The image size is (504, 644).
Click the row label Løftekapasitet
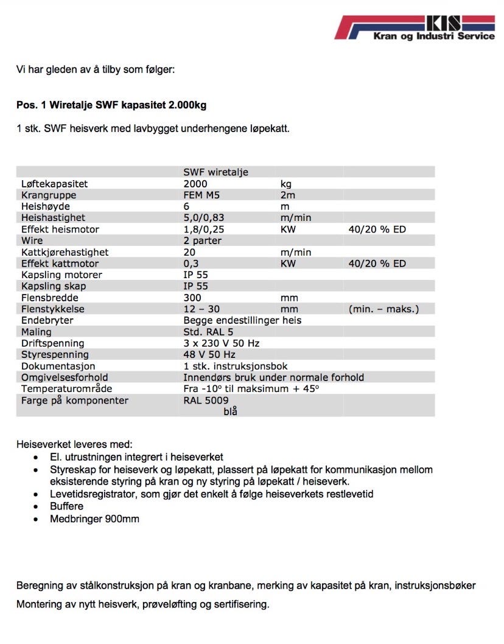(54, 184)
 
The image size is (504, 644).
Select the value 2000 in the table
(195, 184)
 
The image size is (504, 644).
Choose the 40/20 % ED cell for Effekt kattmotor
(377, 264)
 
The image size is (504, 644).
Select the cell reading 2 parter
(203, 240)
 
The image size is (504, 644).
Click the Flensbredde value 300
(192, 298)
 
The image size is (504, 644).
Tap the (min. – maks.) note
(383, 309)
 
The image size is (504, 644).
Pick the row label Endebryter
(47, 320)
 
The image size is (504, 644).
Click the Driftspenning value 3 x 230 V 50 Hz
(222, 343)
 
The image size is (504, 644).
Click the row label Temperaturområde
(66, 388)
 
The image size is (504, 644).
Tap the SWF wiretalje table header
(215, 172)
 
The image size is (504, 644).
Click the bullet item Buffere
(67, 506)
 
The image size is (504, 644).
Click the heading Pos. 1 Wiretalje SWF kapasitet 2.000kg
(111, 105)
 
